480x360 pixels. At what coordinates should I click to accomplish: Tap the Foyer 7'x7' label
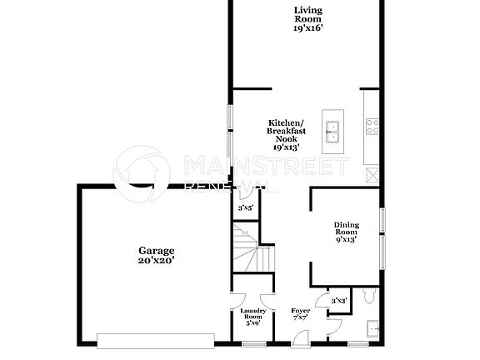point(300,314)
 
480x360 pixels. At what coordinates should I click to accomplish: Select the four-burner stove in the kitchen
point(372,127)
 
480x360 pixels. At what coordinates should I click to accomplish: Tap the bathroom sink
point(372,326)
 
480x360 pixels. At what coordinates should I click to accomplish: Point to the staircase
point(248,247)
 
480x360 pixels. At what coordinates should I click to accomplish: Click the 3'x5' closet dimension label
point(245,207)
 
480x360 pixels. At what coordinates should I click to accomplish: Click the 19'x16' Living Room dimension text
point(308,27)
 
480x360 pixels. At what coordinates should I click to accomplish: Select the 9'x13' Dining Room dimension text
point(346,239)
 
